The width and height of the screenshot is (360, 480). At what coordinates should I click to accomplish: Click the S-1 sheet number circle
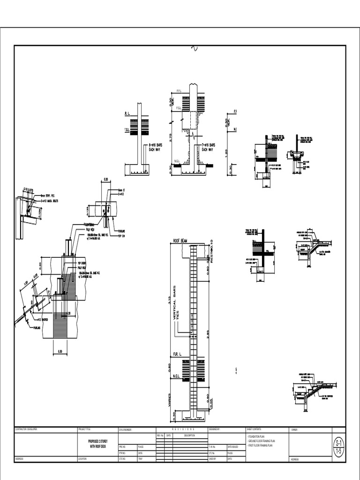coord(338,443)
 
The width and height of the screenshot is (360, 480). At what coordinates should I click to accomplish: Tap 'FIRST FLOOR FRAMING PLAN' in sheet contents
coord(260,445)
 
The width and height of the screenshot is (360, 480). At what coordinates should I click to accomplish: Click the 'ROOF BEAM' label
coord(180,241)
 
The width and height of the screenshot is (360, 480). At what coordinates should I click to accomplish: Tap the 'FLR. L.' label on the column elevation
coord(178,353)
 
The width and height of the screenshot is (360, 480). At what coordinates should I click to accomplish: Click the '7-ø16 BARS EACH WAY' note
coord(208,147)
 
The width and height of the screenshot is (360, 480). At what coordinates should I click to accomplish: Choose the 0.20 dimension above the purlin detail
coord(105,180)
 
